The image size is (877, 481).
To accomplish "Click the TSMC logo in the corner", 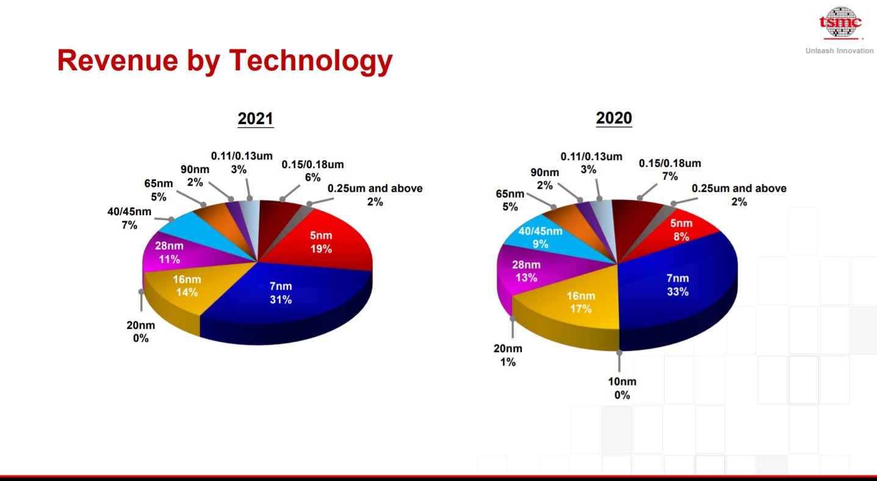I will point(840,22).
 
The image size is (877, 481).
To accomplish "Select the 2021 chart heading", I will point(255,118).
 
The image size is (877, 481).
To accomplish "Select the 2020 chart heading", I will point(613,118).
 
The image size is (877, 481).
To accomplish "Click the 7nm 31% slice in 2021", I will point(281,293).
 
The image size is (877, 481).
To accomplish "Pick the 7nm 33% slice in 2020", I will point(677,285).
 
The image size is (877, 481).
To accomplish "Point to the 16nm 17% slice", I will point(580,302).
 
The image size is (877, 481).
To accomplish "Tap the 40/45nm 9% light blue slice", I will point(540,237).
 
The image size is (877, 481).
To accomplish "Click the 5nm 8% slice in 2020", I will point(681,230).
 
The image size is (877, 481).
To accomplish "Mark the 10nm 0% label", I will point(621,388).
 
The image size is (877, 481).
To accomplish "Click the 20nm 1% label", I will point(508,355).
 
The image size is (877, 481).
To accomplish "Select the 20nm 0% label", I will point(140,331).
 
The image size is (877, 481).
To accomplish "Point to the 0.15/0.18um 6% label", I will point(312,171).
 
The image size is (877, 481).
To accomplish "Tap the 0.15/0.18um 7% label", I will point(669,170).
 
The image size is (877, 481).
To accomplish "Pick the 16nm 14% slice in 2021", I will point(187,286).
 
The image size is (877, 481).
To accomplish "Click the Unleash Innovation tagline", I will point(839,51).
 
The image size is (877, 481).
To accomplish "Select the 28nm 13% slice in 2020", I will point(526,271).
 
